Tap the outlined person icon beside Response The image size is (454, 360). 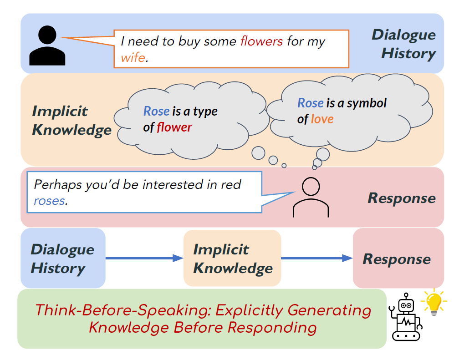311,198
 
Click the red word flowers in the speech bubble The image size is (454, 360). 261,42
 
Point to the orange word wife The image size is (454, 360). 133,58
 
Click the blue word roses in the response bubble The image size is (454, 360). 49,200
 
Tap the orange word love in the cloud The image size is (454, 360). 322,119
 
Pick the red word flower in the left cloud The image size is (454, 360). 174,127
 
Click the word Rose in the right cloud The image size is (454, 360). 311,103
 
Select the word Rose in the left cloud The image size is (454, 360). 156,111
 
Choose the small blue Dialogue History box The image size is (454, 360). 63,258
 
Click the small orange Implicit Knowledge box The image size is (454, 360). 232,258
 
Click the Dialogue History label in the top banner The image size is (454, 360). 404,44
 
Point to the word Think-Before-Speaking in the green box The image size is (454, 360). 122,310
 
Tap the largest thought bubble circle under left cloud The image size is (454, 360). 258,153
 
